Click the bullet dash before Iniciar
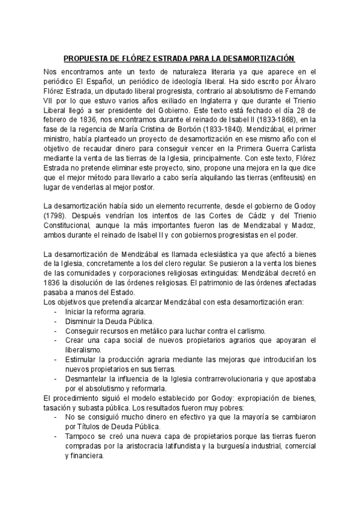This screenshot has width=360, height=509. click(55, 312)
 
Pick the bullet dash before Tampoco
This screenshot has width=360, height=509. click(55, 437)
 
